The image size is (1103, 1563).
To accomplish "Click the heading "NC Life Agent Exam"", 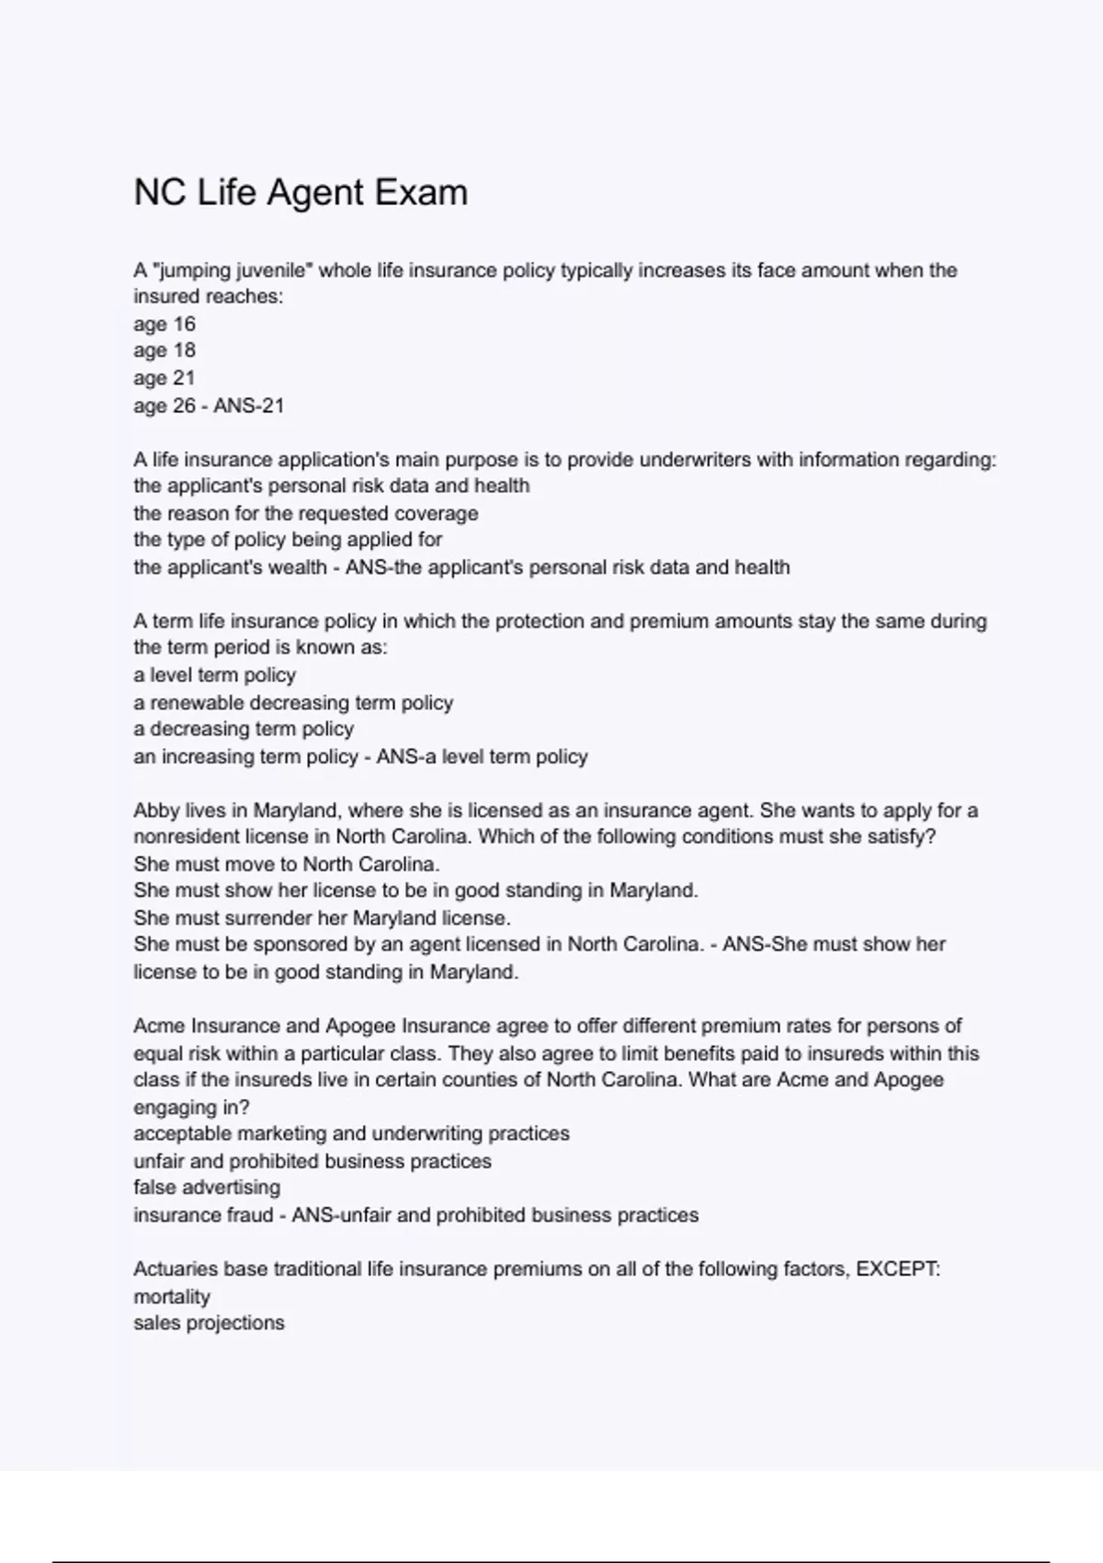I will click(301, 192).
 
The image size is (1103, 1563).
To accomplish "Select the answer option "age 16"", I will click(165, 324).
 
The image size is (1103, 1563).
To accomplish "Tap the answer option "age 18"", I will click(165, 350).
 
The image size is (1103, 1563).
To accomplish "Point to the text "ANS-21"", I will click(248, 405).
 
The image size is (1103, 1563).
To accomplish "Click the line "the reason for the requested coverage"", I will click(305, 513).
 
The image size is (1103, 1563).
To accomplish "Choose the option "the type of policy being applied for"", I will click(288, 540).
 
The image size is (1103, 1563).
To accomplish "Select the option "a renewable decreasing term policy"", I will click(293, 702).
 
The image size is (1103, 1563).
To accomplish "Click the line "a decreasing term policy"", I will click(244, 729).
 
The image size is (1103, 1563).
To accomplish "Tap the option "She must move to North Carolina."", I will click(287, 864).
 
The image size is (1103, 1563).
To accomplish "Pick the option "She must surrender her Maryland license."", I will click(322, 918).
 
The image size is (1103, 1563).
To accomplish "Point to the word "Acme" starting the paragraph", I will click(159, 1026).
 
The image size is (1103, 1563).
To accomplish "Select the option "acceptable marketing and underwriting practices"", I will click(351, 1134).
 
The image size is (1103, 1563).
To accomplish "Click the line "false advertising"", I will click(207, 1187).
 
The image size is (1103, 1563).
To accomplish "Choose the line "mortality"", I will click(172, 1296).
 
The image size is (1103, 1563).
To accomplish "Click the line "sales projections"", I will click(209, 1323).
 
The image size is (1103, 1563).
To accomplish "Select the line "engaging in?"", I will click(191, 1107).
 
